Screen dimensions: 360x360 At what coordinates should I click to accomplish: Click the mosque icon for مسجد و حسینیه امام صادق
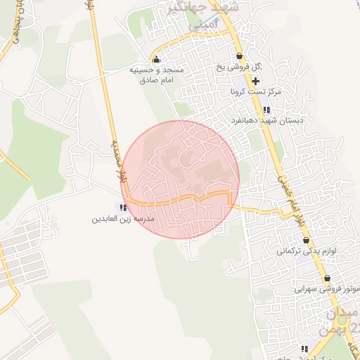pyautogui.click(x=155, y=58)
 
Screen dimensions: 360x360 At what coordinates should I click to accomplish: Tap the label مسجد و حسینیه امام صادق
pyautogui.click(x=156, y=76)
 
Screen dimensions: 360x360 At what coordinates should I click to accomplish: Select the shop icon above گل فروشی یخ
pyautogui.click(x=239, y=56)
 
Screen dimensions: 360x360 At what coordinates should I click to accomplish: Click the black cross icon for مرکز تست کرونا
pyautogui.click(x=255, y=82)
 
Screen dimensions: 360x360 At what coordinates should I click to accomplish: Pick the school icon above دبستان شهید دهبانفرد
pyautogui.click(x=266, y=110)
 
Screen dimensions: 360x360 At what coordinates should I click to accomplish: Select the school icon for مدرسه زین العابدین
pyautogui.click(x=124, y=207)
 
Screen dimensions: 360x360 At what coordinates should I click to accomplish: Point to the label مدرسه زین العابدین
pyautogui.click(x=122, y=219)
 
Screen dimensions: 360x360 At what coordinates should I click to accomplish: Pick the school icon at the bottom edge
pyautogui.click(x=304, y=349)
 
